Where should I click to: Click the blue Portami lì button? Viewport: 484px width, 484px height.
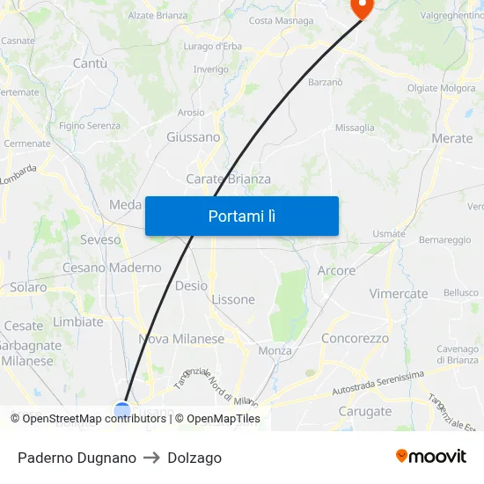tap(242, 216)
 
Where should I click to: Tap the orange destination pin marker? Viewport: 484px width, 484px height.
tap(361, 6)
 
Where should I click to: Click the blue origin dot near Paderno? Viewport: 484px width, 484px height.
tap(122, 408)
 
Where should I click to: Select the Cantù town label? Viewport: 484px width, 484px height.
tap(90, 63)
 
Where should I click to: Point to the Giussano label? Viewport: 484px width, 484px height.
tap(194, 137)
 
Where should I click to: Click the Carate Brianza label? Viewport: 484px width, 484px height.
tap(228, 179)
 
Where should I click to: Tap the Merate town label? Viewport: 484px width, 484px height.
tap(452, 138)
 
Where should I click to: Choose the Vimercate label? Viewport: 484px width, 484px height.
tap(399, 294)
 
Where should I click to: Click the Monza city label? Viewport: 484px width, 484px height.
tap(275, 350)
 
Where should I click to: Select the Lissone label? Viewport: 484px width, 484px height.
tap(233, 299)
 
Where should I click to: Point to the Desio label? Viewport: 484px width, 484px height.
tap(191, 285)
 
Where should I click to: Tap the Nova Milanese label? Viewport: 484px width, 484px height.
tap(181, 339)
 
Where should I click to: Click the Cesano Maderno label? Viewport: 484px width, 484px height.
tap(112, 268)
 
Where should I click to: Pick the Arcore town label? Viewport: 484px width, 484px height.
tap(336, 271)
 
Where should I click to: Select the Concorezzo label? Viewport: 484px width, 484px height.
tap(356, 338)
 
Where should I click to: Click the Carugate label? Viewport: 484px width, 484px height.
tap(365, 411)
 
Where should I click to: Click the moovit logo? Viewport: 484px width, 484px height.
tap(431, 457)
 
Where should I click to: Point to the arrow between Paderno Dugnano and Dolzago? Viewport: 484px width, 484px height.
tap(151, 458)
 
